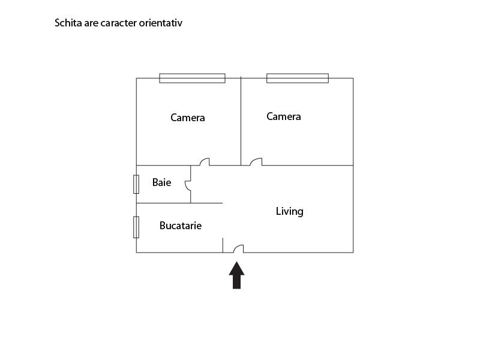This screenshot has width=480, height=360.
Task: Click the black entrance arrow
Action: tap(236, 275)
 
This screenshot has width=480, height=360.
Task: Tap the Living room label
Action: tap(290, 212)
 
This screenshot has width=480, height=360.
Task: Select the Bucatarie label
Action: tap(181, 226)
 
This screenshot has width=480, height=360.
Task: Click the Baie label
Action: tap(161, 182)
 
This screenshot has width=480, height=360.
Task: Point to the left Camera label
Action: tap(188, 118)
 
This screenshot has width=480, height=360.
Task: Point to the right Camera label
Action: tap(284, 116)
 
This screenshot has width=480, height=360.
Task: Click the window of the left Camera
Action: tap(192, 79)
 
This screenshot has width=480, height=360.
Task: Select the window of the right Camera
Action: tap(298, 79)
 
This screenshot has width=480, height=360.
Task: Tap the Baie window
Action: tap(136, 184)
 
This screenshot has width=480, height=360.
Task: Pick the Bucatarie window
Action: tap(136, 227)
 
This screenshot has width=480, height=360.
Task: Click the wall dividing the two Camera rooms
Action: tap(241, 121)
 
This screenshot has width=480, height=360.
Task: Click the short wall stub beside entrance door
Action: tap(223, 245)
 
